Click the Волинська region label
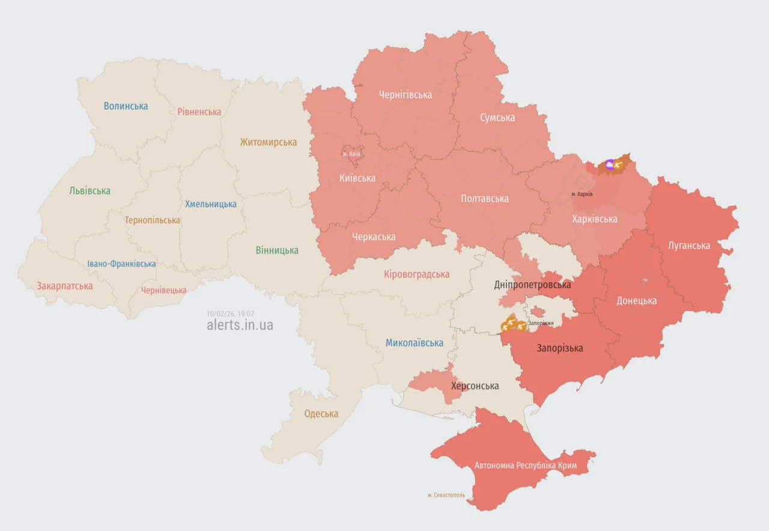pos(126,106)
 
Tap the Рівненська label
pos(199,112)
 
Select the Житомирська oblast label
pos(268,142)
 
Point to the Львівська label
pos(90,190)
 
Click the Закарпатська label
pos(65,286)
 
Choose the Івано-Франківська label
pos(121,264)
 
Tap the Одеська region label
pos(321,413)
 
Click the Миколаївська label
pos(414,343)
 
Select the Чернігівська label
pos(405,94)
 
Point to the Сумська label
pos(497,118)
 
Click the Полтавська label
pos(484,198)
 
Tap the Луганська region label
pos(688,245)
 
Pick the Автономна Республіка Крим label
pos(525,466)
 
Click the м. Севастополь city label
pos(446,495)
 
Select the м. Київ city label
pos(351,154)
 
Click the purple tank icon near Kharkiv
pos(610,164)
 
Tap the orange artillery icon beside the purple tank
pos(618,164)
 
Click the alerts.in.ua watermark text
pos(240,325)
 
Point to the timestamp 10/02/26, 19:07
pos(230,314)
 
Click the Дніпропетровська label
pos(532,284)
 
